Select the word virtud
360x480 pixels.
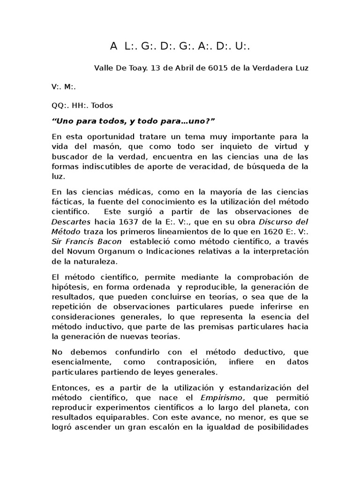pyautogui.click(x=284, y=147)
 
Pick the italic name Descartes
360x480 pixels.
pyautogui.click(x=71, y=221)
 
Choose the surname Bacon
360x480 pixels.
pyautogui.click(x=109, y=241)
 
